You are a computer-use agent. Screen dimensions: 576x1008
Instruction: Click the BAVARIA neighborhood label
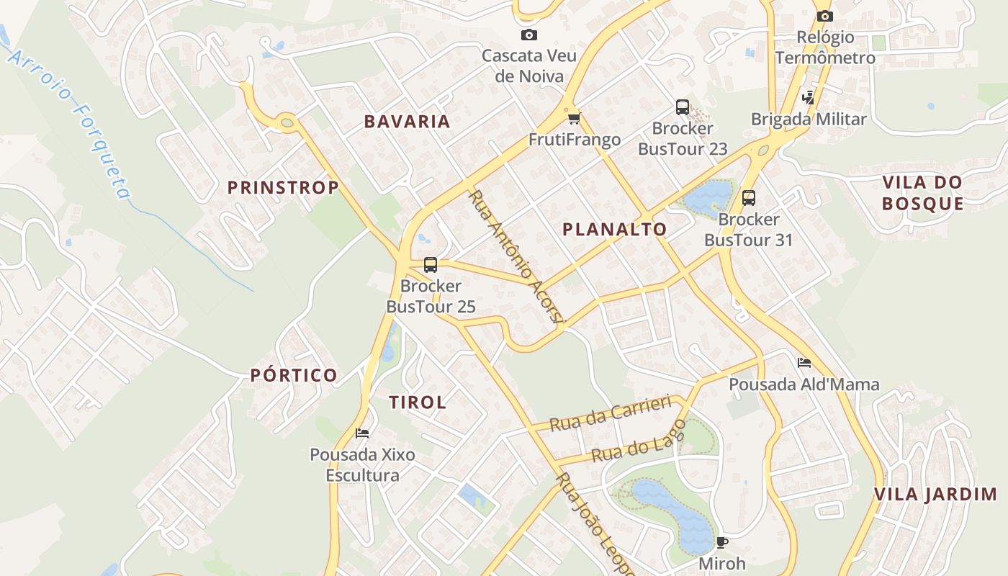coord(407,122)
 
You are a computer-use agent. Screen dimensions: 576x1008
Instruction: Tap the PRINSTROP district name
coord(283,188)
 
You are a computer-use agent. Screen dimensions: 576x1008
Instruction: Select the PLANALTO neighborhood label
coord(614,230)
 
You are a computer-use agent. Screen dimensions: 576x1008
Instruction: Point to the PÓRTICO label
coord(294,375)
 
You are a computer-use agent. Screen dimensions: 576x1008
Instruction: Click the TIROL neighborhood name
coord(418,402)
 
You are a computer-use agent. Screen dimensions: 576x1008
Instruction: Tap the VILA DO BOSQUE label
coord(922,193)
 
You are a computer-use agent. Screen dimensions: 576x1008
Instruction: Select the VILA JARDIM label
coord(935,495)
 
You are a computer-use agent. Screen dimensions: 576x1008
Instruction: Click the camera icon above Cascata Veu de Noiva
coord(528,35)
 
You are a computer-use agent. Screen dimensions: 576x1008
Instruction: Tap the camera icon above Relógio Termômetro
coord(824,16)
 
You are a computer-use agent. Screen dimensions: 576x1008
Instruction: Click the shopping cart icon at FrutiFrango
coord(574,118)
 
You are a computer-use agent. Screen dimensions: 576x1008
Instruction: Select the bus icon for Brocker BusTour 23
coord(682,107)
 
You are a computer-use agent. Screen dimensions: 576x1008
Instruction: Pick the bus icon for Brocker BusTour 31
coord(748,198)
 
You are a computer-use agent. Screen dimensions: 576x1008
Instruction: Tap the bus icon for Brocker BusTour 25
coord(430,264)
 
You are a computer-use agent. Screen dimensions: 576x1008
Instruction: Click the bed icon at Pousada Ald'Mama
coord(804,363)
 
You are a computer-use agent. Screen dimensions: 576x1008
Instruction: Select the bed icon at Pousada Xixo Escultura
coord(362,433)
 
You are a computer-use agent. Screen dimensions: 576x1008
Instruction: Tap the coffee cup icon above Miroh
coord(721,542)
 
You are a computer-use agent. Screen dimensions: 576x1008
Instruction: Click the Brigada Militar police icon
coord(808,98)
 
